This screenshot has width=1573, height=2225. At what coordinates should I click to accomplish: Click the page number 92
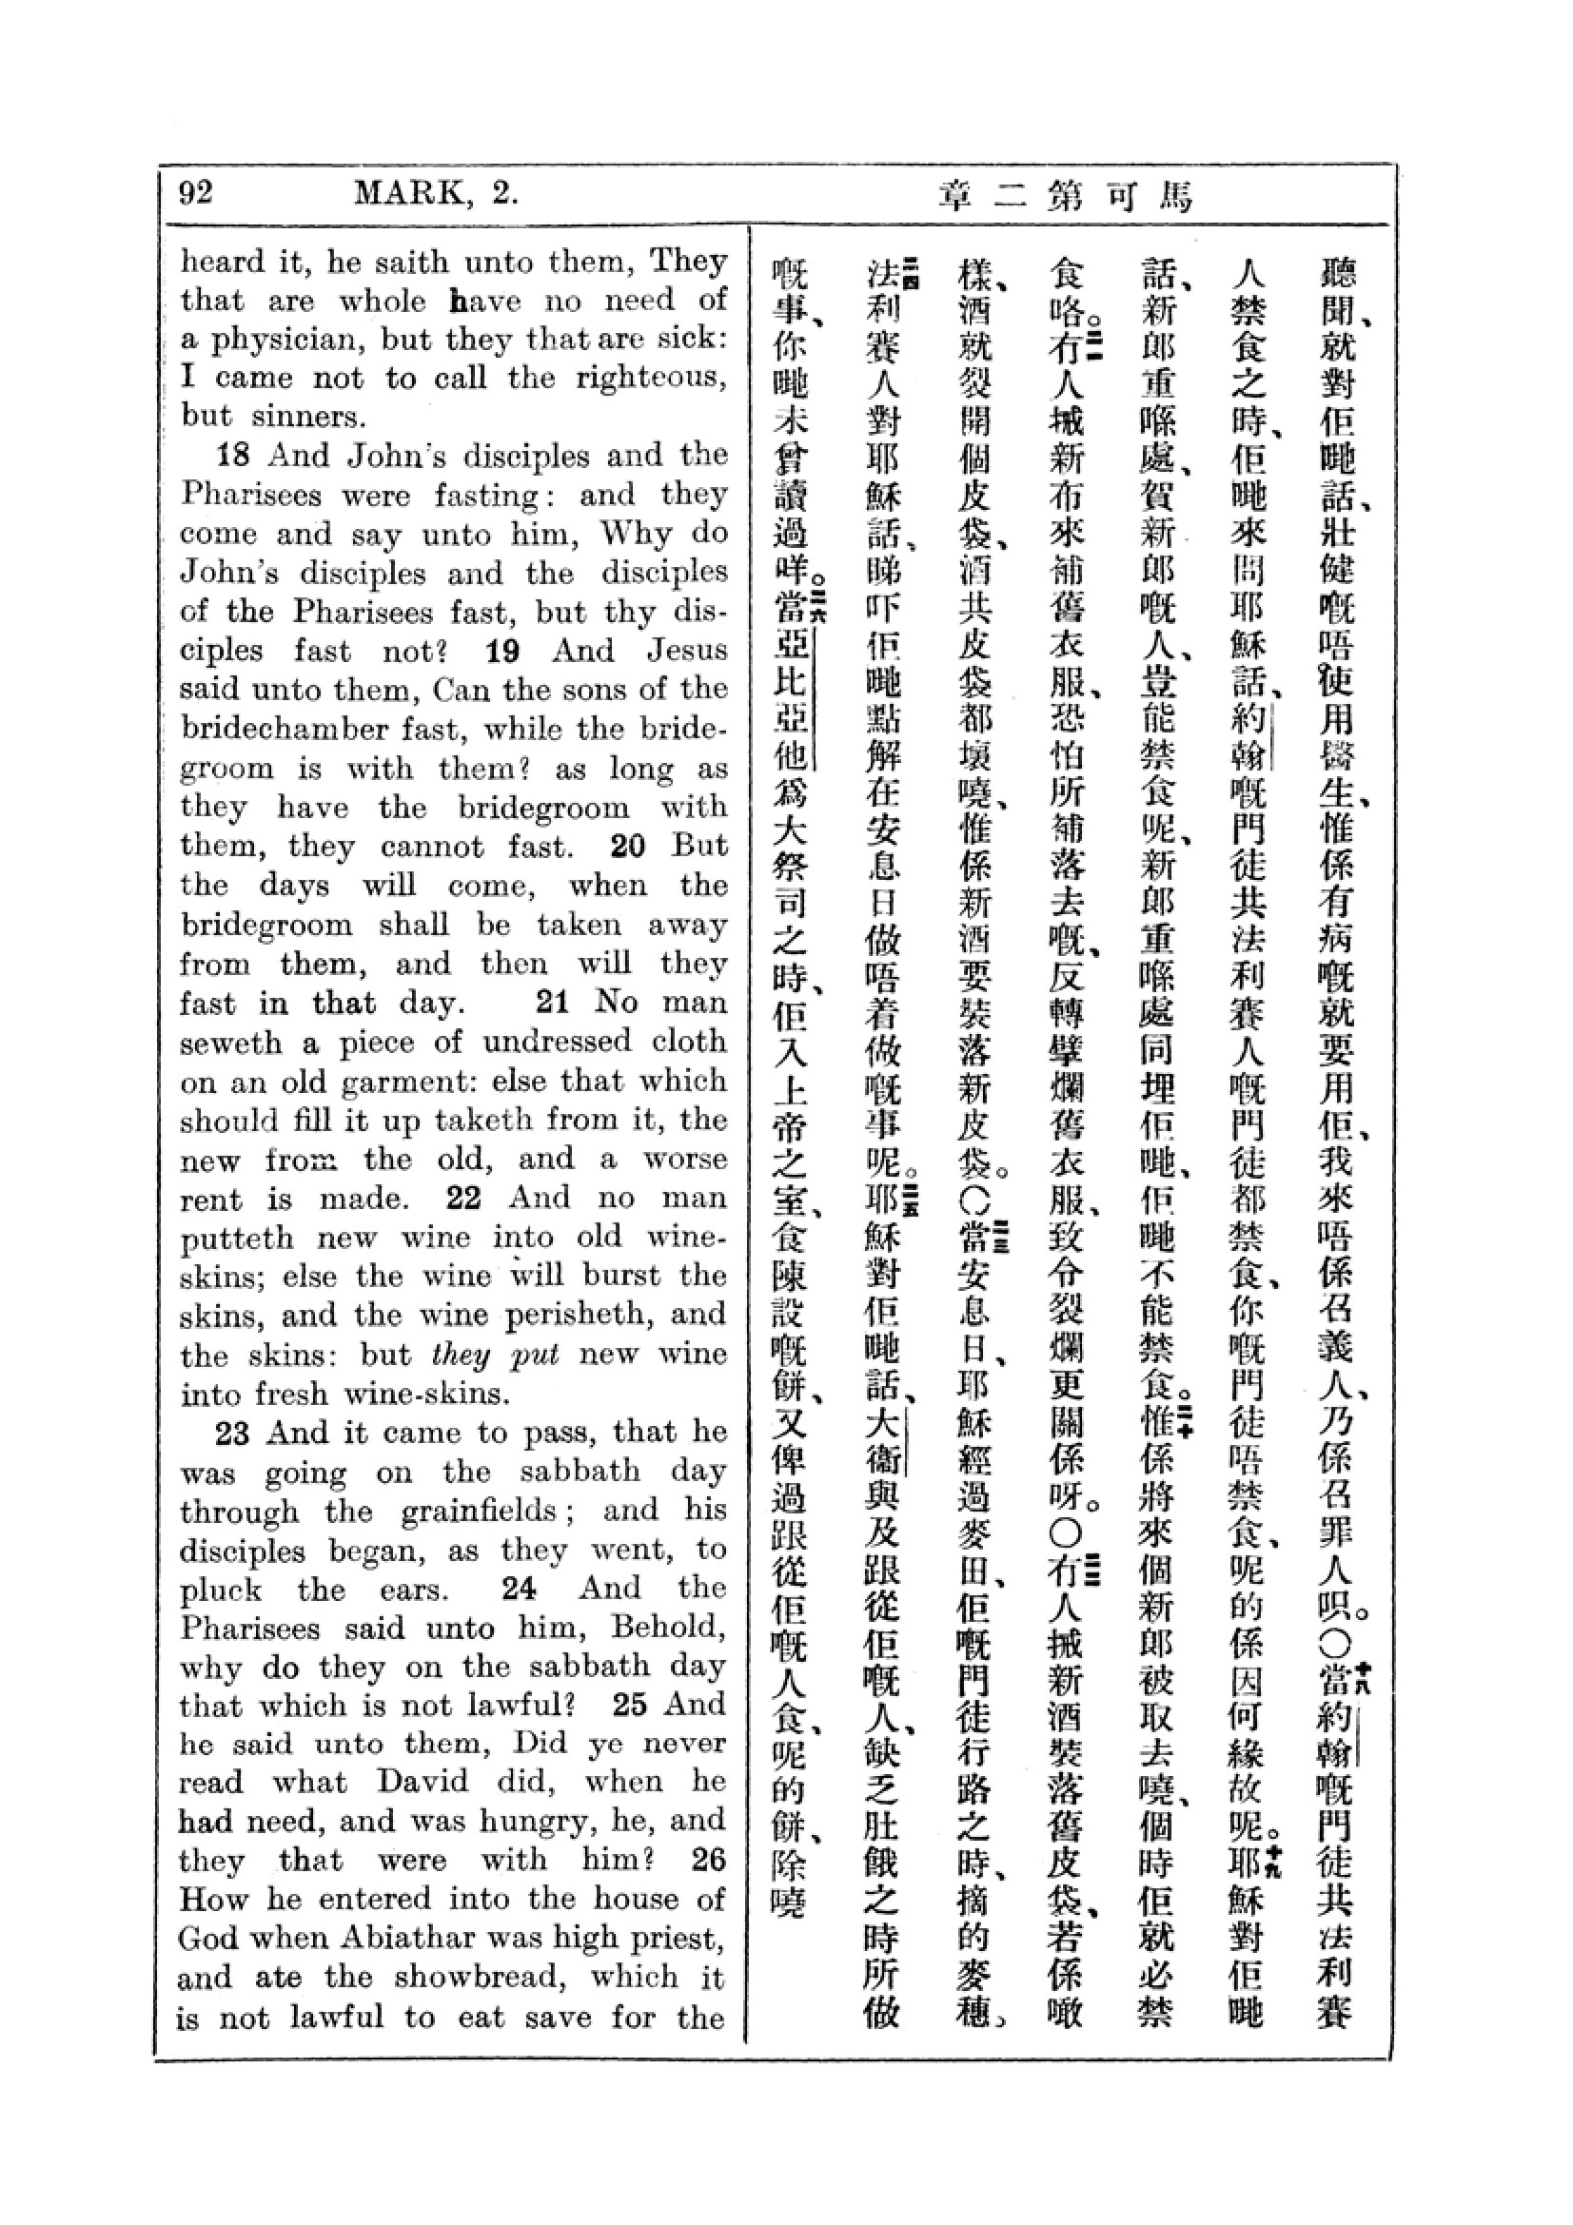(x=196, y=193)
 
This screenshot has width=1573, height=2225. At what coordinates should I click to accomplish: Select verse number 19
(x=504, y=651)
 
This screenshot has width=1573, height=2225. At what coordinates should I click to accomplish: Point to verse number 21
(x=552, y=1001)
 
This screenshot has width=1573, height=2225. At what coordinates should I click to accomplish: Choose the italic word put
(x=536, y=1354)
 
